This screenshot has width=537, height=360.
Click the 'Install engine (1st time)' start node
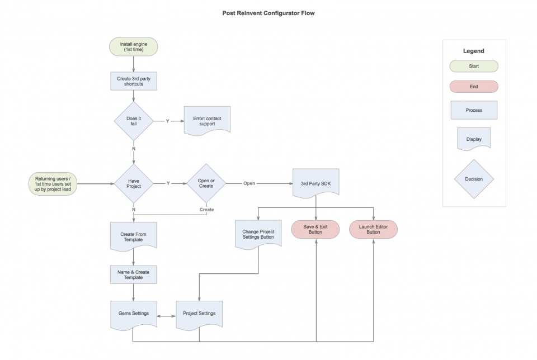[x=134, y=47]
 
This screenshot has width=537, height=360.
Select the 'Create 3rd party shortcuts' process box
[x=134, y=81]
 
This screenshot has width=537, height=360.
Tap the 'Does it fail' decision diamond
[x=134, y=121]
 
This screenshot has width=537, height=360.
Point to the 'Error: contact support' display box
[x=207, y=121]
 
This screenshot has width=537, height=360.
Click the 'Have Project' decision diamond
[x=134, y=184]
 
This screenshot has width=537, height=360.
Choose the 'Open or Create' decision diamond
[x=206, y=183]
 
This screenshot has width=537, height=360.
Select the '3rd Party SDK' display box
[x=315, y=183]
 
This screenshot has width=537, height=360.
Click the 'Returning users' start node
[x=53, y=184]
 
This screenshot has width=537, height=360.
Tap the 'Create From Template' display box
[x=133, y=237]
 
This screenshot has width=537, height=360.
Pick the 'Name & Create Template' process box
[x=133, y=275]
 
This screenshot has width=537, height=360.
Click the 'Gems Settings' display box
[x=134, y=315]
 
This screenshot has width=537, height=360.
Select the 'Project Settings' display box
[x=199, y=315]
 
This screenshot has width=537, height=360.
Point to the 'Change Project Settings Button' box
[x=258, y=235]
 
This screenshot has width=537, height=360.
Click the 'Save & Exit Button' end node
[x=315, y=229]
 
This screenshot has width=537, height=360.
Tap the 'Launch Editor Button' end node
[x=373, y=229]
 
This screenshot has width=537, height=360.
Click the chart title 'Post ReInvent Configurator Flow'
[x=268, y=13]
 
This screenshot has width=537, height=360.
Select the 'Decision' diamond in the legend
[x=474, y=179]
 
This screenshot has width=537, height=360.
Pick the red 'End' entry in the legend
[x=474, y=87]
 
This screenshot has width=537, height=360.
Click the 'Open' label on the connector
[x=249, y=183]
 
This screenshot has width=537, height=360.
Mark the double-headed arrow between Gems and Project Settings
[x=167, y=316]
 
